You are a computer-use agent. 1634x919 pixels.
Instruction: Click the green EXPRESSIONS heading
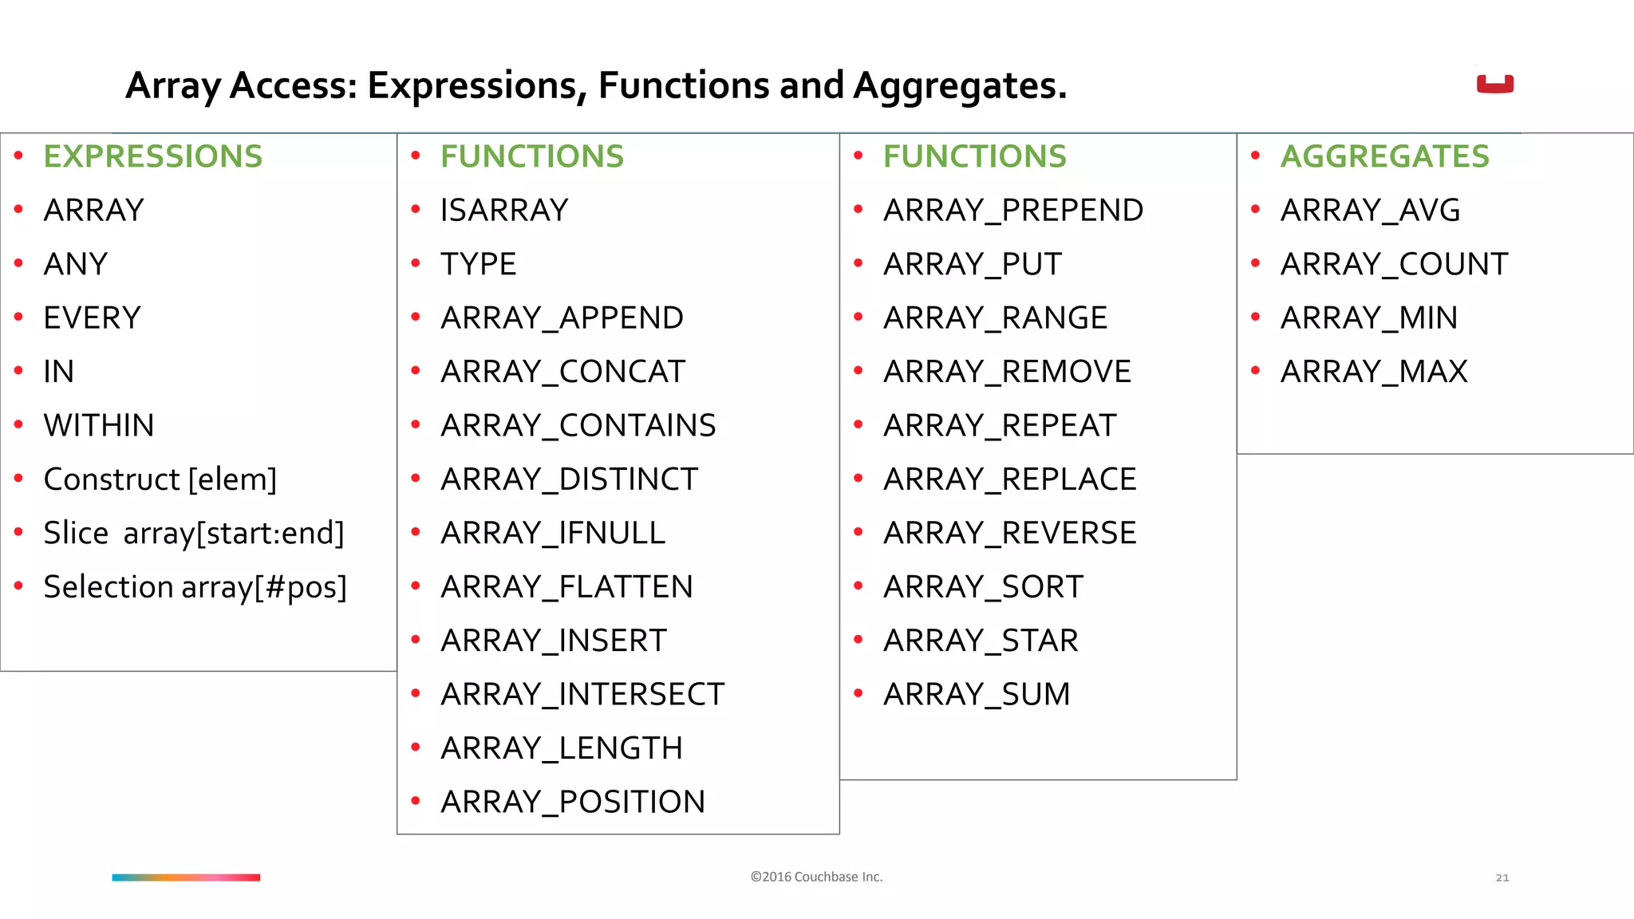point(152,156)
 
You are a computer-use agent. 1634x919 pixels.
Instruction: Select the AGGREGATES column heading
point(1384,156)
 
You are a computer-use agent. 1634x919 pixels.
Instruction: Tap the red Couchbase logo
point(1494,84)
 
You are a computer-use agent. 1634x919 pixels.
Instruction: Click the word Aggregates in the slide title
point(959,86)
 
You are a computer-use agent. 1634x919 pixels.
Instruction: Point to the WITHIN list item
point(99,425)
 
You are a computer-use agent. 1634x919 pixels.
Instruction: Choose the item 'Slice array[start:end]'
point(194,533)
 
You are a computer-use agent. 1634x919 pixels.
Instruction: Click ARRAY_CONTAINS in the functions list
point(578,425)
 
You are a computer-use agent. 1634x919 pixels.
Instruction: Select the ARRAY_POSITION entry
point(573,802)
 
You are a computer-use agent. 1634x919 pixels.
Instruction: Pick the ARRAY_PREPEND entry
point(1012,211)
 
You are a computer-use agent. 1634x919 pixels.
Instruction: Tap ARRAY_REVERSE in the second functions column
point(1009,533)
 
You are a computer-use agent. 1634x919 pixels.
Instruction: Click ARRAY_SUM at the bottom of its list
point(977,694)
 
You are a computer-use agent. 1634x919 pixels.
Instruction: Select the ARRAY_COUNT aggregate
point(1394,264)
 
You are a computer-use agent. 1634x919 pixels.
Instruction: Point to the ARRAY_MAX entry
point(1374,372)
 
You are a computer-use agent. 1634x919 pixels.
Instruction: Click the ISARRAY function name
point(504,211)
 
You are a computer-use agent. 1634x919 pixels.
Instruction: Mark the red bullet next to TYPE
point(416,263)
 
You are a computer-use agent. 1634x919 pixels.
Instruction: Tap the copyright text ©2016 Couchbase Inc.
point(816,877)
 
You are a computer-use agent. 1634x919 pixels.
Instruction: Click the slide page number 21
point(1502,878)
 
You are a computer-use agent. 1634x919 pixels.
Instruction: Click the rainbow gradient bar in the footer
point(186,878)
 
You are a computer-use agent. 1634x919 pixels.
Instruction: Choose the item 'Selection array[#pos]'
point(195,587)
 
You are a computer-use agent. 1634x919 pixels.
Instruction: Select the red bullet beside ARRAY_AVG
point(1255,210)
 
